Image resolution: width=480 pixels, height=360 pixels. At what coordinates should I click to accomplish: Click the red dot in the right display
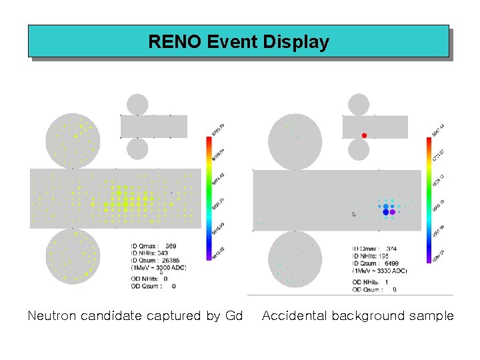(364, 135)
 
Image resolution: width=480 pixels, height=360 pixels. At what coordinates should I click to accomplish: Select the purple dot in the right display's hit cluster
(393, 211)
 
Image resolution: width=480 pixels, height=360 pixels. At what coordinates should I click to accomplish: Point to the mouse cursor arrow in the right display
(354, 214)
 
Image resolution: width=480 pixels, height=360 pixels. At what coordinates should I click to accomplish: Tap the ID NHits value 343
(163, 253)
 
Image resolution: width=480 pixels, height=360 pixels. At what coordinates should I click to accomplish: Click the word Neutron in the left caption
(52, 315)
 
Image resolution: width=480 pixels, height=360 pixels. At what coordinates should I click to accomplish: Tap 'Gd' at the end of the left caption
(234, 315)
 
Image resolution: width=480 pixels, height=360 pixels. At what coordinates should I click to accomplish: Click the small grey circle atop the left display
(137, 105)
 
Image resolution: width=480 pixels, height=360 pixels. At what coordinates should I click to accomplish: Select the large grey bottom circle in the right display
(295, 259)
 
